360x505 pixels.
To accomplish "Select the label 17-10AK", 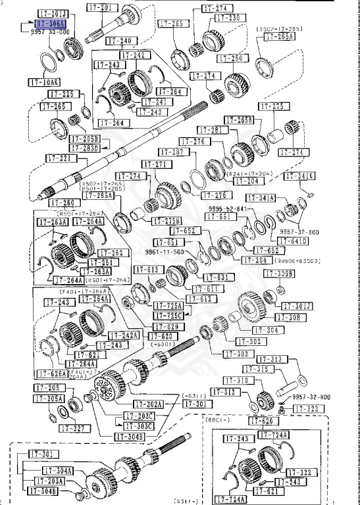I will (44, 82).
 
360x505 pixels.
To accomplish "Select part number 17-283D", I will (87, 147).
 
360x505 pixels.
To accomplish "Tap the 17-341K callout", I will (299, 176).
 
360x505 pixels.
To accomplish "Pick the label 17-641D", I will (293, 241).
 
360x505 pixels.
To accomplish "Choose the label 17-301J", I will (297, 306).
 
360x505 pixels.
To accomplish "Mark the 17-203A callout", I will (50, 481).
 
